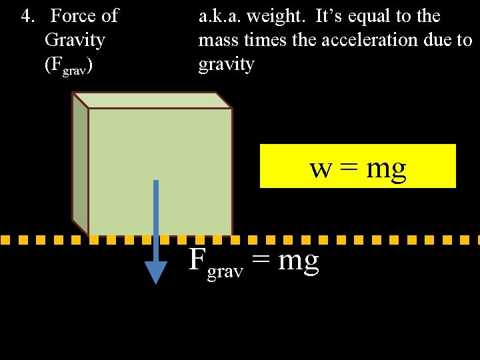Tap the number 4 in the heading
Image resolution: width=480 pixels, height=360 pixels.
pyautogui.click(x=27, y=15)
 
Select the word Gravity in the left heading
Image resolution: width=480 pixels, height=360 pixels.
pyautogui.click(x=75, y=40)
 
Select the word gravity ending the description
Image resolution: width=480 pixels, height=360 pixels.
pyautogui.click(x=226, y=65)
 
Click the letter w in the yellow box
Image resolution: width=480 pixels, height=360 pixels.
pyautogui.click(x=321, y=168)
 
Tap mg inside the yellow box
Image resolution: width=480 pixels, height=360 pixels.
pyautogui.click(x=386, y=169)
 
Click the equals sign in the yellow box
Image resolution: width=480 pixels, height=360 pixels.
pyautogui.click(x=349, y=169)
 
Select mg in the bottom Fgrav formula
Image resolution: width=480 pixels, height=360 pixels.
pyautogui.click(x=298, y=261)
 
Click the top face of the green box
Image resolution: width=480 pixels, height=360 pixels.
pyautogui.click(x=152, y=100)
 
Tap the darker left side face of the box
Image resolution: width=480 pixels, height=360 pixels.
pyautogui.click(x=80, y=167)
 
